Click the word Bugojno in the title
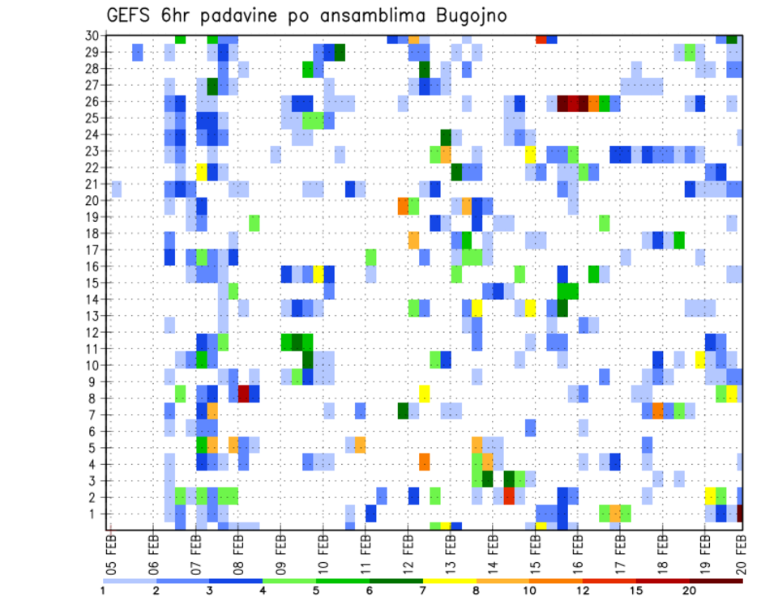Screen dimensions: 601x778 coord(469,16)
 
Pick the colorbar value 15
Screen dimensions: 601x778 coord(637,590)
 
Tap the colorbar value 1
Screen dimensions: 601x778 coord(103,590)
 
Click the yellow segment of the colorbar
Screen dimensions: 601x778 coord(450,581)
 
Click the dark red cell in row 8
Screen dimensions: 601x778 coord(243,394)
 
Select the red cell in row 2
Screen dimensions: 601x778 coord(508,496)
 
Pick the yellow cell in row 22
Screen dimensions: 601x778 coord(201,171)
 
